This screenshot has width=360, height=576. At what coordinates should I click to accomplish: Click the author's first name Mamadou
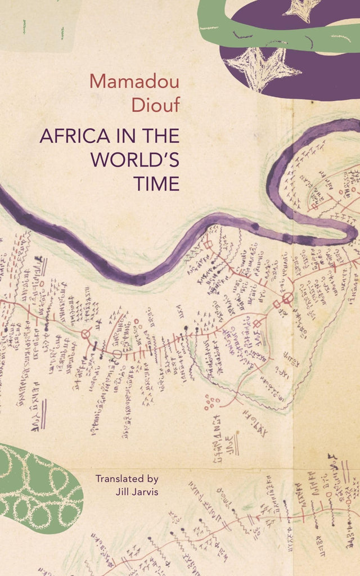click(134, 81)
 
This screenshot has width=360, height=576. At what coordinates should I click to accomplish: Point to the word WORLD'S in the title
click(135, 160)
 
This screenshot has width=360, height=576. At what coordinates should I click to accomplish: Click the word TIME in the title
click(156, 183)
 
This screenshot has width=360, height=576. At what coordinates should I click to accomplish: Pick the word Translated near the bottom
click(120, 479)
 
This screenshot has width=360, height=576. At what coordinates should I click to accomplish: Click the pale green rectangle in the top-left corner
click(37, 25)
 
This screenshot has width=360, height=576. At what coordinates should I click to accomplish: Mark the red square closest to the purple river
click(208, 245)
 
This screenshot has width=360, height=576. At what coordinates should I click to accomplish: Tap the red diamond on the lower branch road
click(258, 323)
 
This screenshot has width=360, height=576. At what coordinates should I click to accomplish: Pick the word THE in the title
click(160, 137)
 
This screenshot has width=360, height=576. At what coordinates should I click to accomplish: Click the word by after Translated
click(152, 479)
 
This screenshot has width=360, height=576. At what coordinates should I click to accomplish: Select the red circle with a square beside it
click(287, 298)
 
